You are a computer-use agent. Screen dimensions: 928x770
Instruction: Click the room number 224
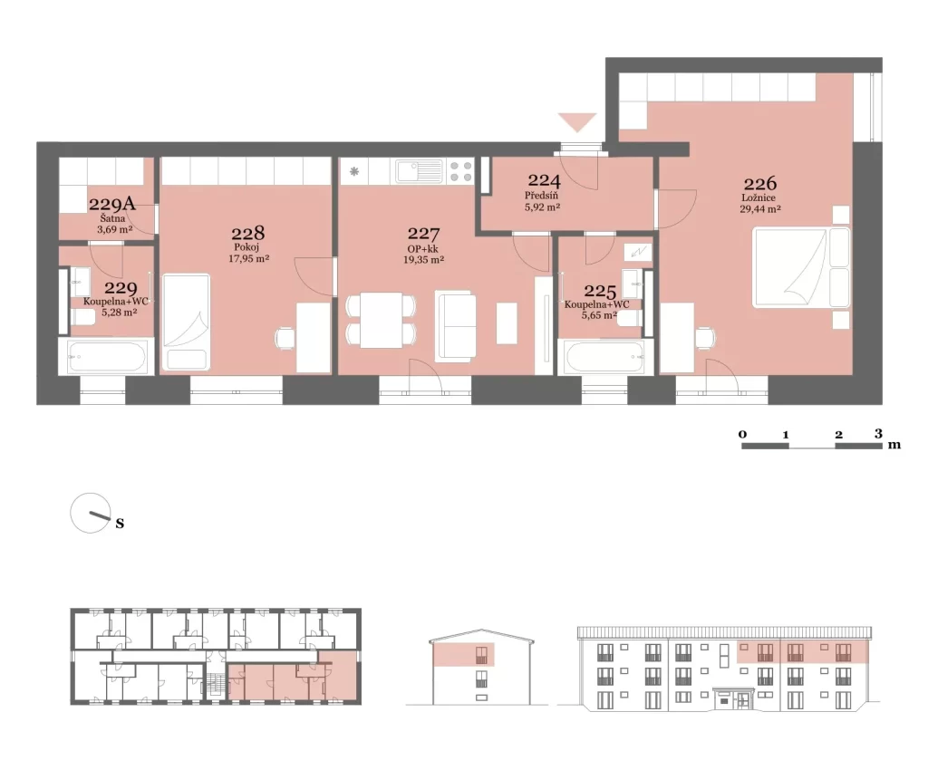pos(544,179)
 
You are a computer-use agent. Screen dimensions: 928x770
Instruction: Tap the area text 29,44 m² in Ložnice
pos(760,208)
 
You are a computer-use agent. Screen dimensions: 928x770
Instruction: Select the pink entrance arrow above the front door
pos(577,122)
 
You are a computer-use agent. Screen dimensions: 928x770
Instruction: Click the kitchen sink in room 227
pos(420,171)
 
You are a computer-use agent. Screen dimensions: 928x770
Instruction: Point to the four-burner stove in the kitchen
pos(461,171)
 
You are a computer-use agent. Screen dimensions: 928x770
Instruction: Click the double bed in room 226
pos(801,268)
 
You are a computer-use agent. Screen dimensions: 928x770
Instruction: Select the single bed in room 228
pos(186,322)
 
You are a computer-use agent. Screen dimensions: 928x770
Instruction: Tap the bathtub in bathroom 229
pos(107,357)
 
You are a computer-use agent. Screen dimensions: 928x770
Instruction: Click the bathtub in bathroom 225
pos(604,357)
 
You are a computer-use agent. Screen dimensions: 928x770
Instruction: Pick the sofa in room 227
pos(455,325)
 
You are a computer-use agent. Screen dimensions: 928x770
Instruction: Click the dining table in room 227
pos(382,320)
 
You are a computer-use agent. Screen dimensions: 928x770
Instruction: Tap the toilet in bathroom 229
pos(82,318)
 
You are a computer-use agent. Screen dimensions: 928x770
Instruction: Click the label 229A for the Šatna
pos(111,204)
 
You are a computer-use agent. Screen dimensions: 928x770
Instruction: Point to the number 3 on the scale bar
pos(878,434)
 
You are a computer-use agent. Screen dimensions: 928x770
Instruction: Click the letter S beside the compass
pos(120,524)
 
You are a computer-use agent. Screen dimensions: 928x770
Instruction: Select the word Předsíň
pos(542,196)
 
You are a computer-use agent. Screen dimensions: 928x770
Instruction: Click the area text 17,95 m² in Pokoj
pos(248,258)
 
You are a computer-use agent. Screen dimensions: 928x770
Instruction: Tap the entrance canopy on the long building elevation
pos(734,690)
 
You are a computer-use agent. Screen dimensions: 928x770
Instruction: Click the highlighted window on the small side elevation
pos(481,655)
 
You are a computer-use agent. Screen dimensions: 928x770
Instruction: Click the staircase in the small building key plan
pos(210,688)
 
